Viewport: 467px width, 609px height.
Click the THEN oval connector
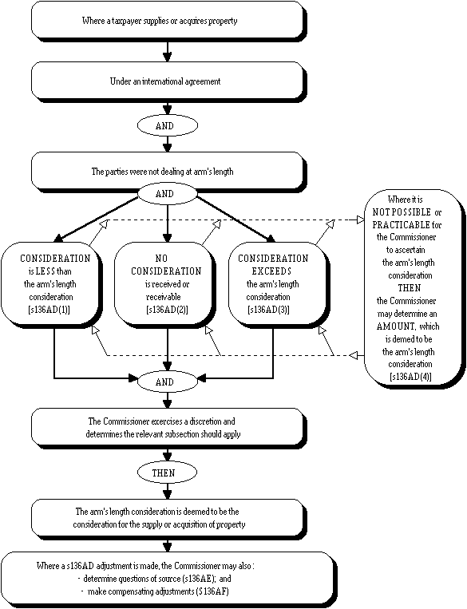point(167,473)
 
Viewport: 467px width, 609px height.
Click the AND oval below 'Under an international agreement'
point(168,125)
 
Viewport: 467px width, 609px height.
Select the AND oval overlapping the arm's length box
point(168,193)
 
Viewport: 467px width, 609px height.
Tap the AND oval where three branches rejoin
point(168,382)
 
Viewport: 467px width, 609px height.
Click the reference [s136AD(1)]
point(50,310)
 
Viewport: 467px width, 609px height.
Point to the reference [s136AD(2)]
point(167,310)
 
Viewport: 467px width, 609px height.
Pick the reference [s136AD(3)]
point(268,310)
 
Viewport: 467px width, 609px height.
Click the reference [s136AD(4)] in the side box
point(410,377)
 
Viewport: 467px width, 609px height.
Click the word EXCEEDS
point(271,271)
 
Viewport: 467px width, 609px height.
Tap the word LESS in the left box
point(45,271)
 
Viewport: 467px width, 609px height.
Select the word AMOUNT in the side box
point(396,326)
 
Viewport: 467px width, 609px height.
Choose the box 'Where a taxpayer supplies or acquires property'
point(167,21)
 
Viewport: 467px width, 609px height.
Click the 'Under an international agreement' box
point(167,81)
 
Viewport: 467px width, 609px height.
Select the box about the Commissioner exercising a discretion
point(167,428)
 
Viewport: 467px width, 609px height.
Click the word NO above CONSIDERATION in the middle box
point(161,259)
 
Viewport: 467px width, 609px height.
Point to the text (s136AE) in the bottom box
point(198,579)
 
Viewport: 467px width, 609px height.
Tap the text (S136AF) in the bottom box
point(212,591)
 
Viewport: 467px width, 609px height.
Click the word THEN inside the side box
point(410,288)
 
